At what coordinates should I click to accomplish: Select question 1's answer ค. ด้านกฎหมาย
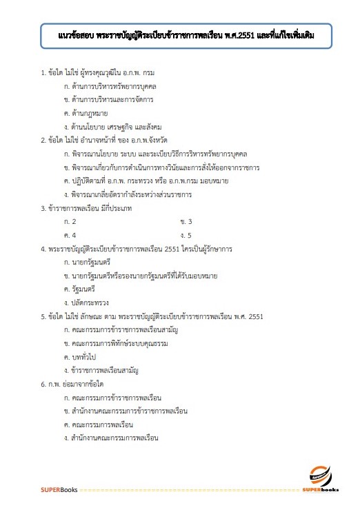[86, 113]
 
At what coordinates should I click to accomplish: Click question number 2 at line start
[43, 140]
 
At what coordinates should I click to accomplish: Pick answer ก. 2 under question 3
[70, 221]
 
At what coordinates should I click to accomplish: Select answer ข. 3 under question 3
[186, 221]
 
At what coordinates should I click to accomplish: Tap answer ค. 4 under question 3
[70, 235]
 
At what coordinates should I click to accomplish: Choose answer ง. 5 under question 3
[186, 235]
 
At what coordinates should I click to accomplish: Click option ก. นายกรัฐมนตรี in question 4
[86, 263]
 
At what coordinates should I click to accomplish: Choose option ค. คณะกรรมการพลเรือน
[97, 424]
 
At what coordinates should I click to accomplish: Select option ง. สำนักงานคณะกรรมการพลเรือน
[110, 438]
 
